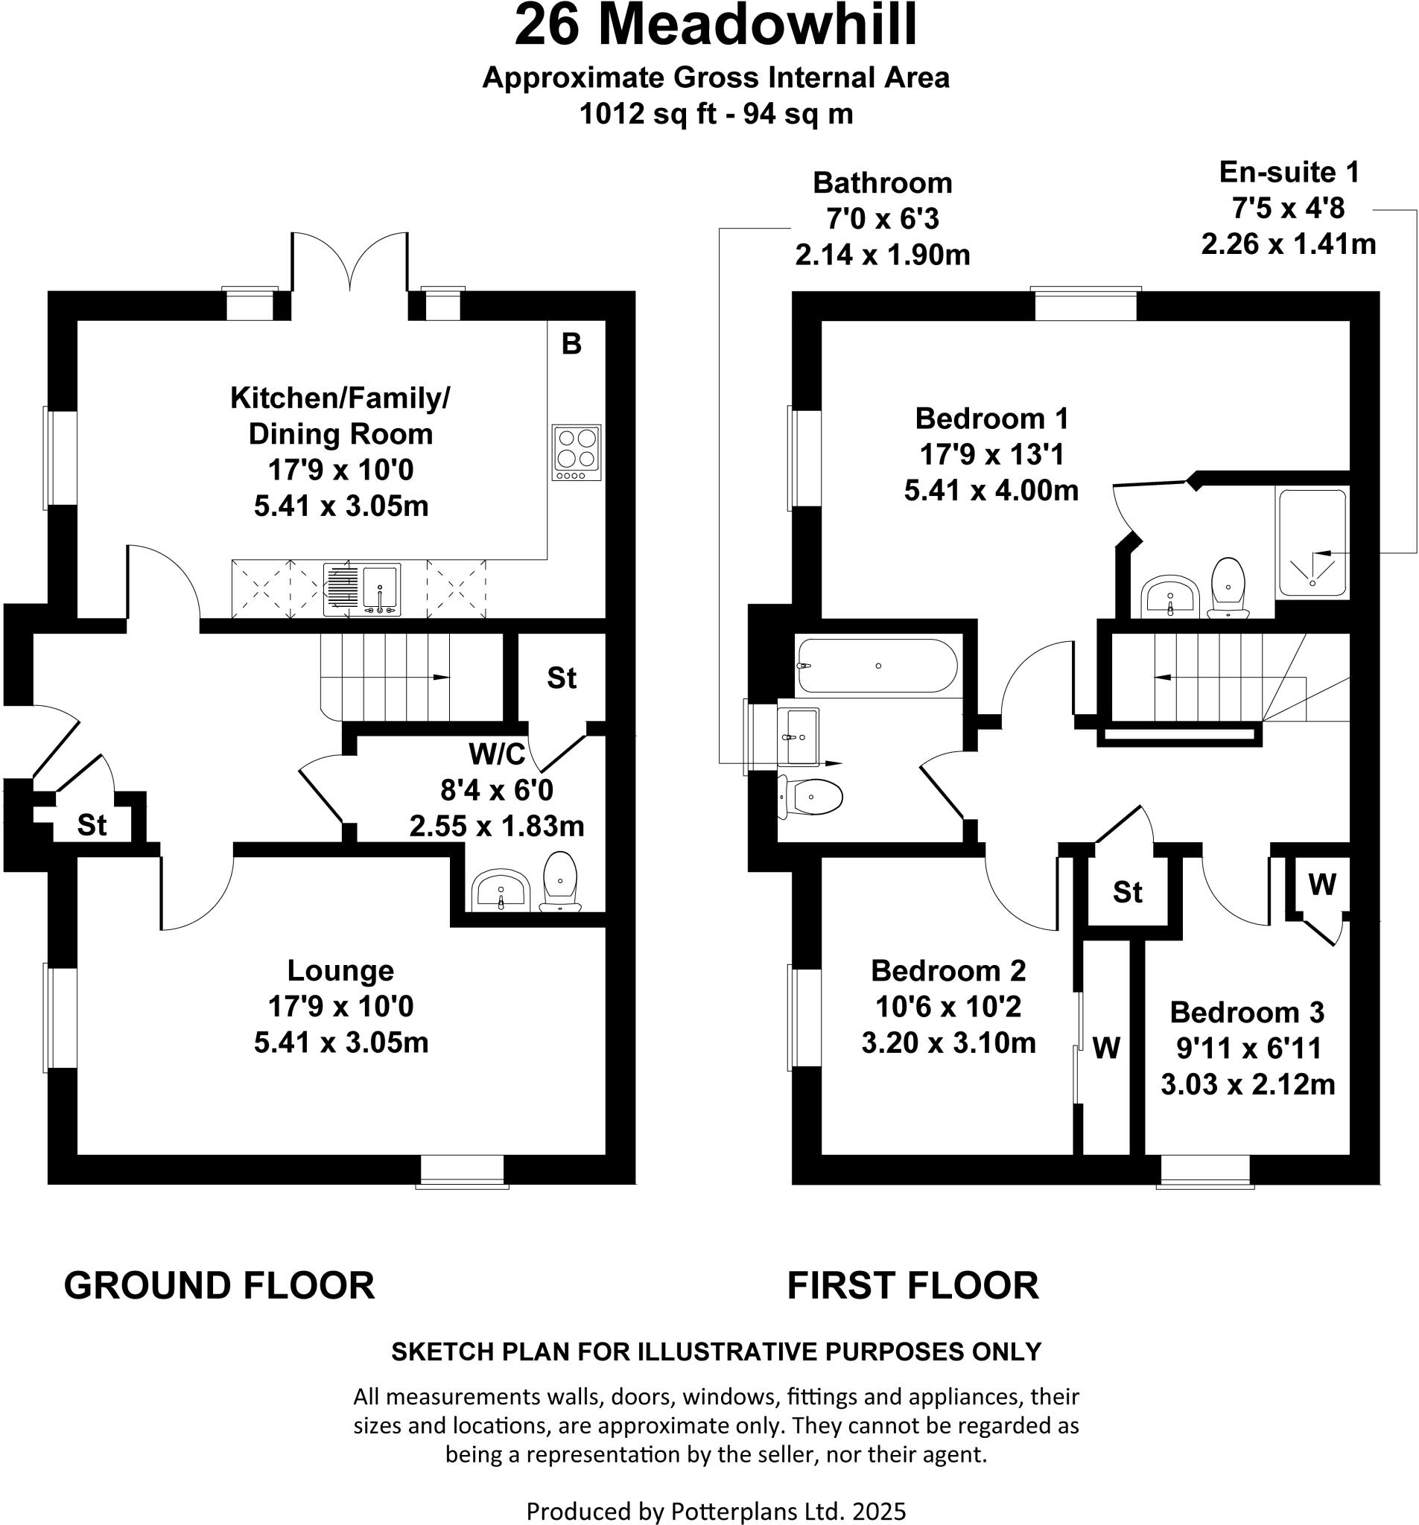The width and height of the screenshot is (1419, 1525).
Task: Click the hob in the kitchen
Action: [x=576, y=452]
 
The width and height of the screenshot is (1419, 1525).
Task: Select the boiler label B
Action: [x=571, y=345]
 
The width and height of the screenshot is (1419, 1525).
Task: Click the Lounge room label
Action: [x=340, y=970]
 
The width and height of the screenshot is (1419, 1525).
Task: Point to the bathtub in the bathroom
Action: [x=877, y=666]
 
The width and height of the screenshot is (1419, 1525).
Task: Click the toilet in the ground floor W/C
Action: [x=560, y=881]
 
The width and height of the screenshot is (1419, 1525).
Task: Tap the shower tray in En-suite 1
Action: [x=1312, y=544]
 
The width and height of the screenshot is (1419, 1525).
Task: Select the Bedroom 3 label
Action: [x=1246, y=1013]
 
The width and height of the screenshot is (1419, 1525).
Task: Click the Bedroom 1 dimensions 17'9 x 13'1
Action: [x=991, y=455]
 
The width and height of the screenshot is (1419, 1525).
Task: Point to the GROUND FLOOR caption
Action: [x=220, y=1286]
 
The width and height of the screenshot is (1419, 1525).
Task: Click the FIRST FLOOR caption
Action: [x=912, y=1286]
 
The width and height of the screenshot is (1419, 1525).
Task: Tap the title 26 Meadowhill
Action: [x=715, y=25]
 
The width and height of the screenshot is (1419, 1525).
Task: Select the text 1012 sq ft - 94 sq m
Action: [x=715, y=114]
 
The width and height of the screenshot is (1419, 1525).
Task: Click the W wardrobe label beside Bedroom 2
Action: [x=1106, y=1048]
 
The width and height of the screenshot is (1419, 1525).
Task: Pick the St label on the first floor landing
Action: [x=1127, y=892]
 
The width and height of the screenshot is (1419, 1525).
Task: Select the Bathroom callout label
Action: [x=882, y=183]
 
